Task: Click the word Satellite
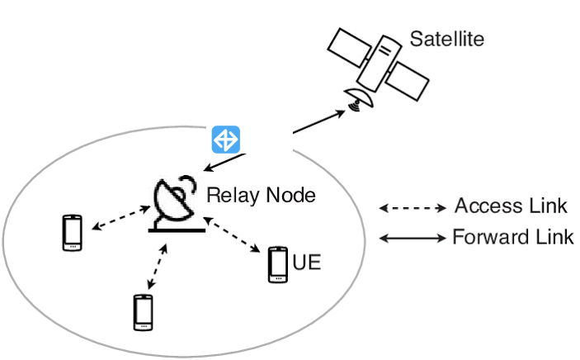tap(446, 39)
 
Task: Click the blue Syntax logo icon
tap(224, 140)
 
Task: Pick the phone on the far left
tap(73, 233)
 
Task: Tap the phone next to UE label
tap(278, 265)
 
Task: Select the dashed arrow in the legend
tap(411, 208)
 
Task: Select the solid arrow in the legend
tap(411, 238)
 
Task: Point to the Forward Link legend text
tap(512, 238)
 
